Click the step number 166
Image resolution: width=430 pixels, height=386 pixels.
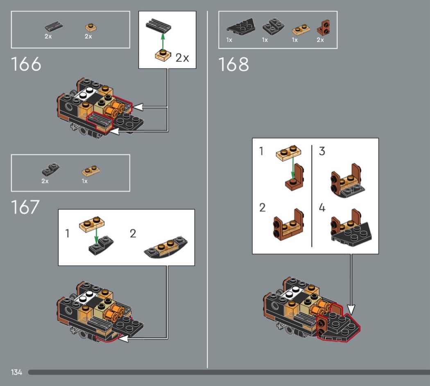coord(26,64)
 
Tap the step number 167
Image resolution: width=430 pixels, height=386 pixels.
coord(25,207)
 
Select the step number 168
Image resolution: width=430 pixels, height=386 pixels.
coord(233,64)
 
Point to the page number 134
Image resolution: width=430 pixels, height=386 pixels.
coord(16,372)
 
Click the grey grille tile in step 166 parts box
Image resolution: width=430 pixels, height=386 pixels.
coord(54,27)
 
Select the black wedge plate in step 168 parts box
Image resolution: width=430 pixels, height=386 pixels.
coord(241,27)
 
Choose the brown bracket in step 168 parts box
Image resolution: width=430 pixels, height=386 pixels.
coord(324,28)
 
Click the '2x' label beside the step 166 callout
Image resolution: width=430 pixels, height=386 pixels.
coord(182,58)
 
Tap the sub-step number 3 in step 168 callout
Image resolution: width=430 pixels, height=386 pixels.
coord(322,151)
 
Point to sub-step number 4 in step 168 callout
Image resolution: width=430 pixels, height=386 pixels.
coord(322,208)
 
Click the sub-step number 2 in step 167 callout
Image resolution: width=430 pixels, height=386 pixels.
coord(133,234)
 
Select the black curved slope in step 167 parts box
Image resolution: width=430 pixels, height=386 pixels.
coord(50,169)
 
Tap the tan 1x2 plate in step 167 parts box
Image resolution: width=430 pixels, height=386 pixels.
coord(91,170)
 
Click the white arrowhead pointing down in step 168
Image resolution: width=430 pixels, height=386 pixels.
coord(351,309)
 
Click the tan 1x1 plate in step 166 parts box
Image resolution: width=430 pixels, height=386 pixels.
coord(91,27)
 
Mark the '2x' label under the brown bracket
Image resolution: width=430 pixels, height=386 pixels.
coord(320,40)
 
